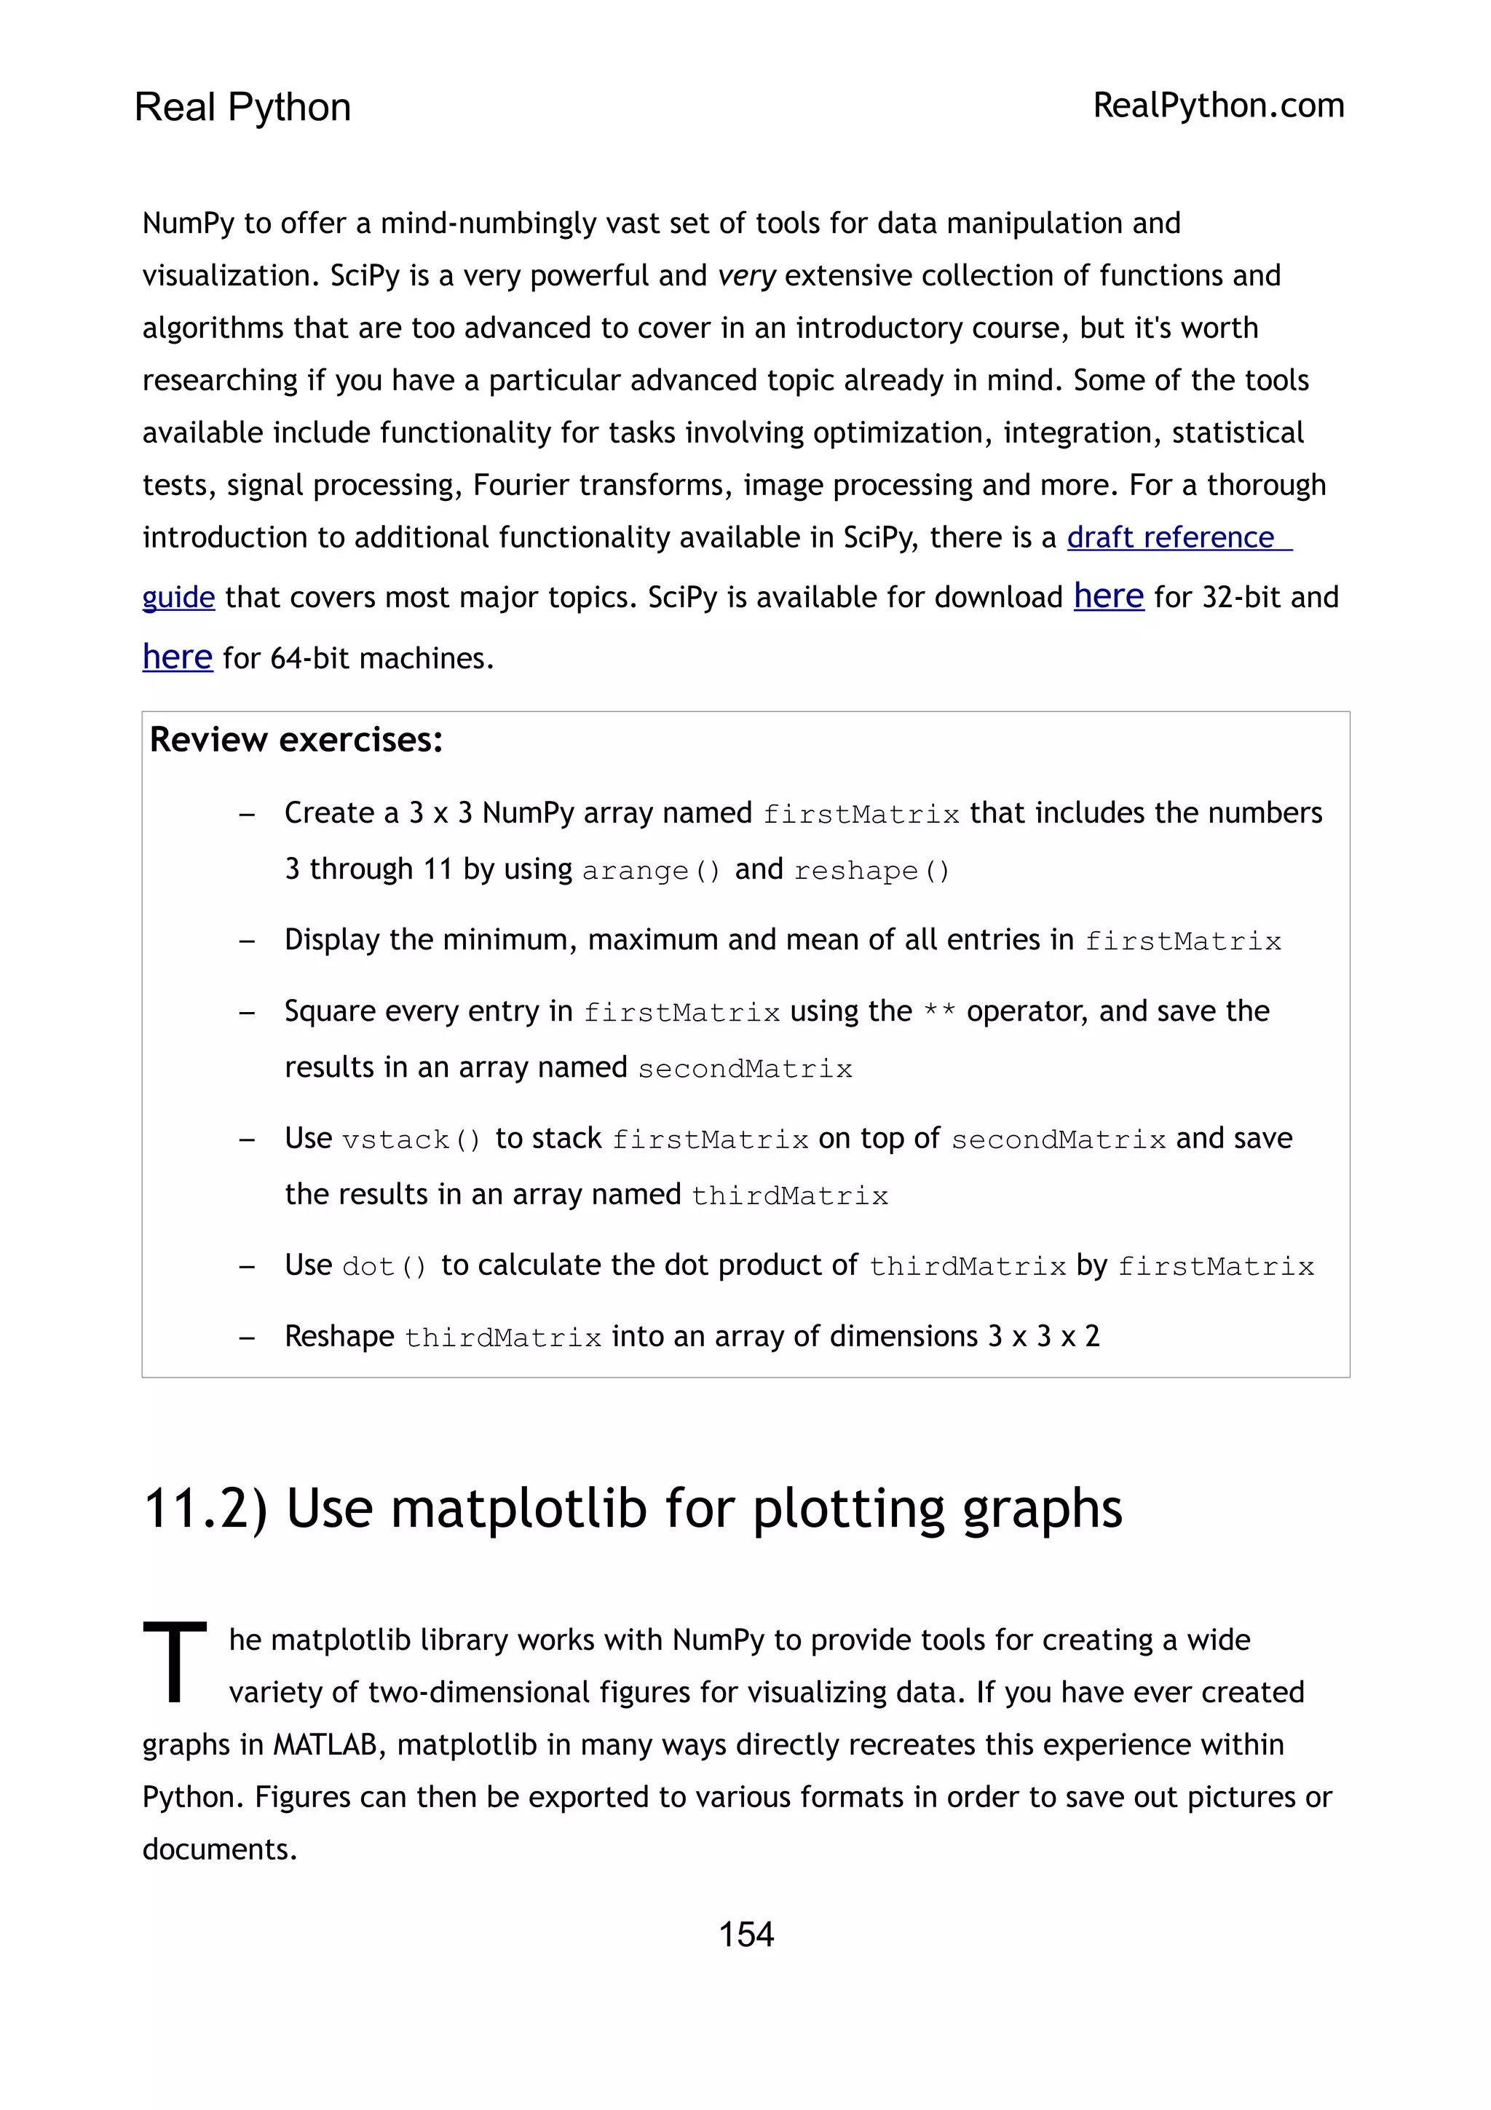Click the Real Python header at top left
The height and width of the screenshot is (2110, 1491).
coord(242,108)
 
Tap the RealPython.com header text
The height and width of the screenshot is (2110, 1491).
coord(1218,106)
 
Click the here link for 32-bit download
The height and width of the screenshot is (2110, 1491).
coord(1108,596)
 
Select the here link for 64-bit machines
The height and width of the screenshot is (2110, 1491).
coord(178,657)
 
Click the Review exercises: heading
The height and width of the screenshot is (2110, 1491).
coord(296,740)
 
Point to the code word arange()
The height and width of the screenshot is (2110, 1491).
coord(652,870)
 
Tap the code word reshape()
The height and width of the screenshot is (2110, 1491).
coord(871,870)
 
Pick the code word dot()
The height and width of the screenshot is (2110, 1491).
coord(384,1266)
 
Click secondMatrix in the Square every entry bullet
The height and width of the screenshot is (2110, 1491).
coord(745,1069)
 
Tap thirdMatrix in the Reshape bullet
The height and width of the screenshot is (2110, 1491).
coord(502,1337)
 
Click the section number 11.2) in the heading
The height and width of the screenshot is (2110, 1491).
coord(206,1509)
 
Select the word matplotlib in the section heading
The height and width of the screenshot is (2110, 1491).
coord(519,1509)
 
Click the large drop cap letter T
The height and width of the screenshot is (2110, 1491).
coord(175,1661)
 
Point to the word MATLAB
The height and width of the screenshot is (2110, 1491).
coord(325,1744)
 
